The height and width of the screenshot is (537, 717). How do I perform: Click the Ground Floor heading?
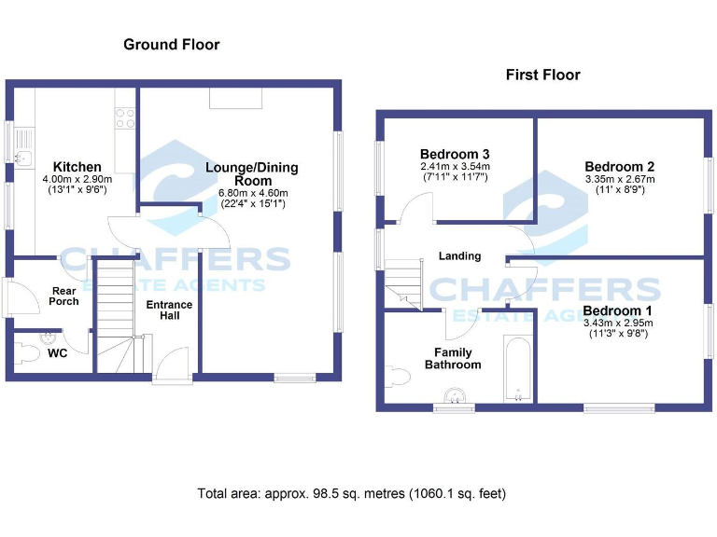172,45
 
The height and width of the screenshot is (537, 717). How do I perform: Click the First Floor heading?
542,75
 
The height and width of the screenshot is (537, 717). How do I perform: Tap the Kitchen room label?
77,167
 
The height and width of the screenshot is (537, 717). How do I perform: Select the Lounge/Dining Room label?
252,174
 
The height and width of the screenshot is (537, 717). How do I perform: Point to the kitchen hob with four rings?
124,118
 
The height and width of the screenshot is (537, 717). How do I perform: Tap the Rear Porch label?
64,296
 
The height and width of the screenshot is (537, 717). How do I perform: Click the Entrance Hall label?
169,310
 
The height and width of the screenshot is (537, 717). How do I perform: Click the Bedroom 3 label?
455,154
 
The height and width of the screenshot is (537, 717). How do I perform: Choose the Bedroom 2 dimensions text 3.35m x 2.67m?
620,179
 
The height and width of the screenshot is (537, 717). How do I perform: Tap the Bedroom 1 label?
617,310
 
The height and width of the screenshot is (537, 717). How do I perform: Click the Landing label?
460,255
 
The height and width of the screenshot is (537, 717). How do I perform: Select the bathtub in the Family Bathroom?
517,369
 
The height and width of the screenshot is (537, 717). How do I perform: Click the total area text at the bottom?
351,493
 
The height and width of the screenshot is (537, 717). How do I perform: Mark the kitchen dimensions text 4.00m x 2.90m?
77,179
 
